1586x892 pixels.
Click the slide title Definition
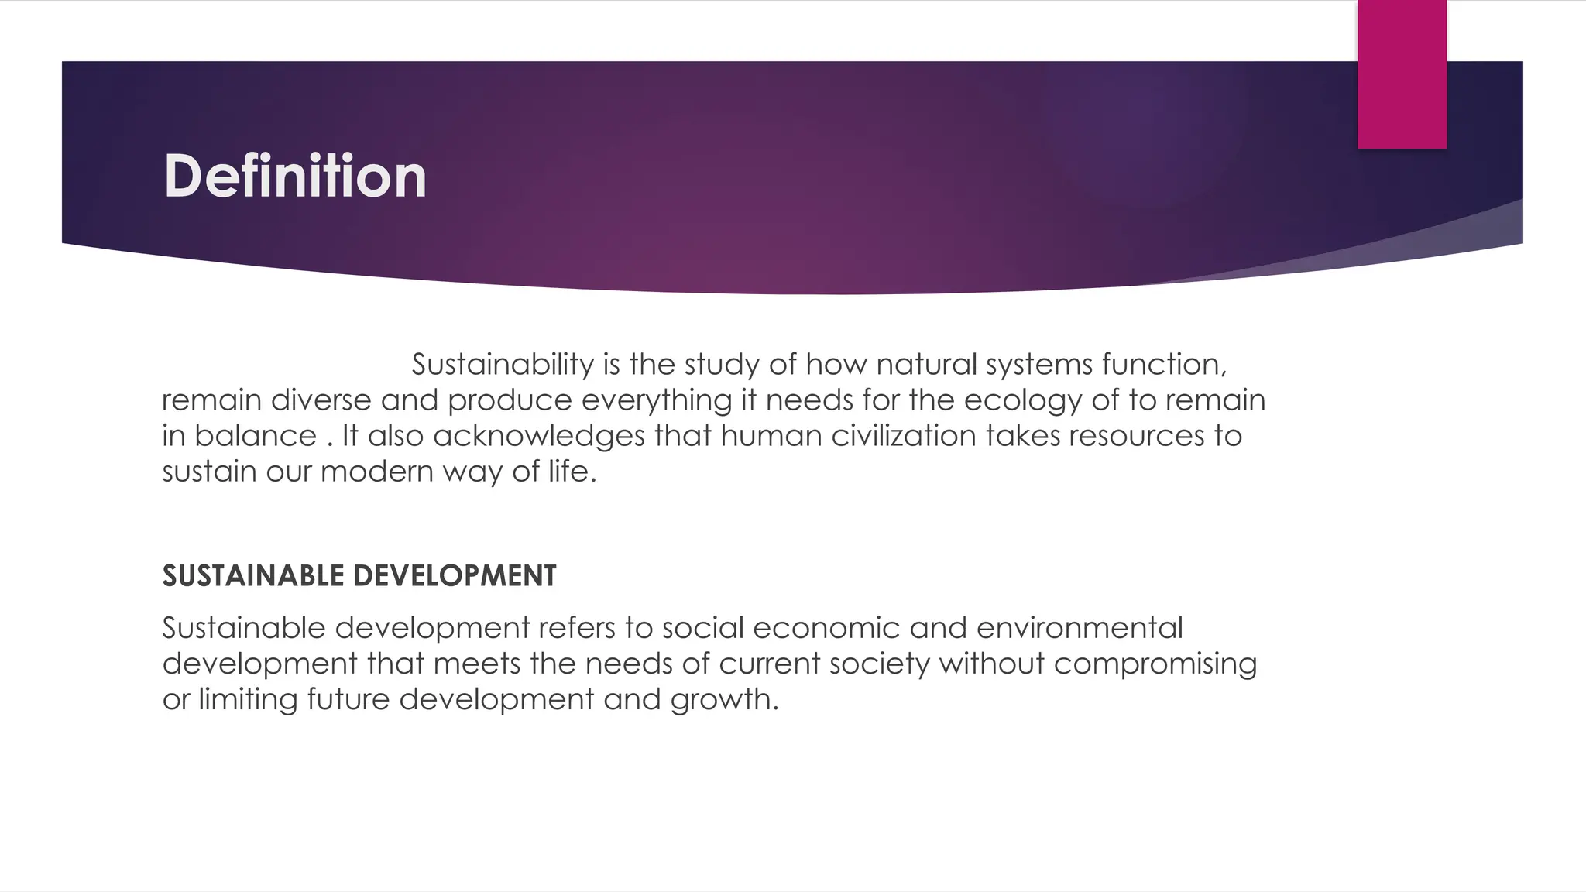point(295,177)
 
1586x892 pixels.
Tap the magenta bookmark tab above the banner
point(1402,74)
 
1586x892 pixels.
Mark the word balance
point(255,436)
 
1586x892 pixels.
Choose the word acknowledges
point(538,437)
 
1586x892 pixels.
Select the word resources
point(1137,436)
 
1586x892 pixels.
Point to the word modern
point(376,472)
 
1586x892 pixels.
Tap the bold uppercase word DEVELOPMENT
point(455,576)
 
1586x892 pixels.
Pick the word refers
point(577,628)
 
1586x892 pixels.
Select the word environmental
point(1080,628)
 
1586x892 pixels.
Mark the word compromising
point(1155,664)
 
